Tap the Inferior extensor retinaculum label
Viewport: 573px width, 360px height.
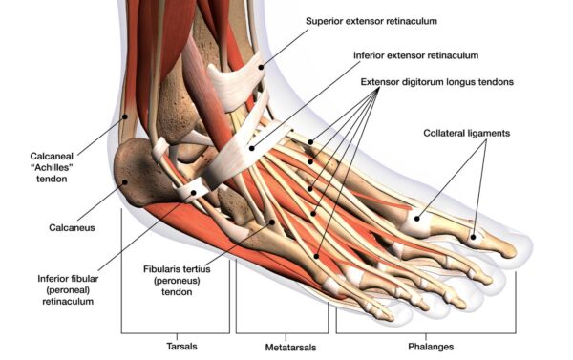click(x=419, y=55)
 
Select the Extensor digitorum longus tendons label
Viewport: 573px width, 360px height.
click(x=437, y=82)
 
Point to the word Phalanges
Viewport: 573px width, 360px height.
click(x=425, y=346)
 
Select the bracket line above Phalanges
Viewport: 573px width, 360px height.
click(x=425, y=331)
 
